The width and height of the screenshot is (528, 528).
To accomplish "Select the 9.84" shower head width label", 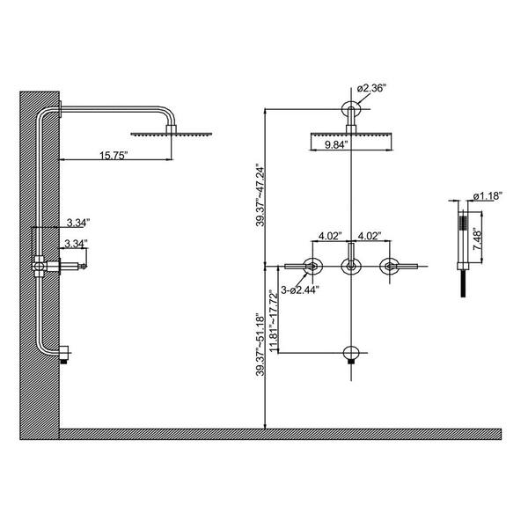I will point(332,146).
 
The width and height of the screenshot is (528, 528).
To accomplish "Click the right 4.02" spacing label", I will point(370,236).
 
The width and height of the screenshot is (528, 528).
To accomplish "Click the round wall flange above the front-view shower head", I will point(350,110).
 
